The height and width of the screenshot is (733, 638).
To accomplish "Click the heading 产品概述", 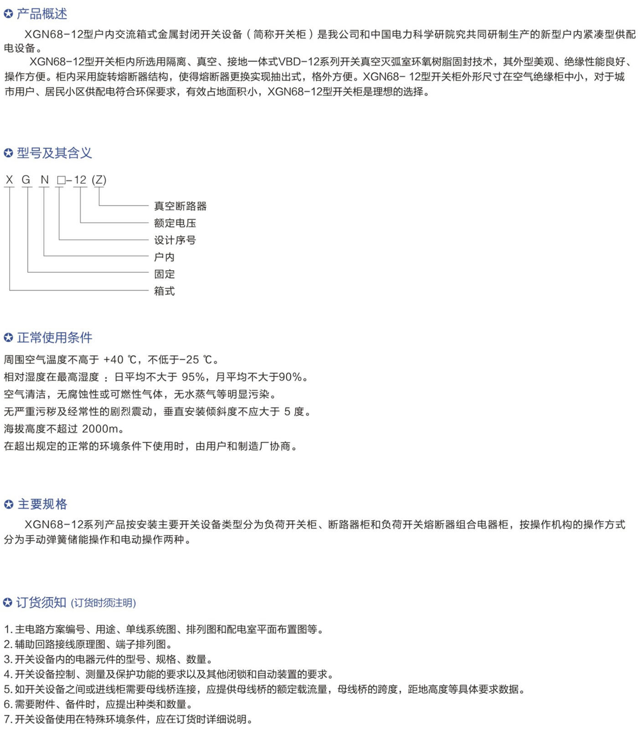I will pyautogui.click(x=42, y=14).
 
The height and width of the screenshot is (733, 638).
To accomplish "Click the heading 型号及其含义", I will pyautogui.click(x=54, y=153).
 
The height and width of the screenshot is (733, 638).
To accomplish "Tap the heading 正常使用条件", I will pyautogui.click(x=54, y=338).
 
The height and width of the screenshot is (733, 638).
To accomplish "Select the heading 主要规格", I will pyautogui.click(x=42, y=504).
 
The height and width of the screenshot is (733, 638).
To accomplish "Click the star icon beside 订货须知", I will pyautogui.click(x=8, y=603).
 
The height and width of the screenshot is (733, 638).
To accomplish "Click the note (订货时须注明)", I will pyautogui.click(x=103, y=603).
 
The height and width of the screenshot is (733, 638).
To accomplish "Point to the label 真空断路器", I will pyautogui.click(x=180, y=206).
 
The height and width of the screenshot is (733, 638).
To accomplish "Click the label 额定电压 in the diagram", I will pyautogui.click(x=175, y=223).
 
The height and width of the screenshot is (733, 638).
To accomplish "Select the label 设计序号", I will pyautogui.click(x=175, y=240).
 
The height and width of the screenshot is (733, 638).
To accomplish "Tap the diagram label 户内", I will pyautogui.click(x=164, y=257).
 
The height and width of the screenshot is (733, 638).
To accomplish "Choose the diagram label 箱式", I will pyautogui.click(x=164, y=291).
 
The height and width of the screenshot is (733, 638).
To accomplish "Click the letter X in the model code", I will pyautogui.click(x=9, y=180).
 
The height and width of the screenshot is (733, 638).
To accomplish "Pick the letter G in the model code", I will pyautogui.click(x=26, y=180).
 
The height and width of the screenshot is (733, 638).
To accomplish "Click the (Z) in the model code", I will pyautogui.click(x=99, y=180).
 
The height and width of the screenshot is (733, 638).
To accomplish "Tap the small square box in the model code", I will pyautogui.click(x=61, y=181).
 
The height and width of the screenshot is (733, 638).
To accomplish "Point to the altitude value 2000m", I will pyautogui.click(x=100, y=429).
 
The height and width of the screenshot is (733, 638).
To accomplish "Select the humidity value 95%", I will pyautogui.click(x=193, y=377).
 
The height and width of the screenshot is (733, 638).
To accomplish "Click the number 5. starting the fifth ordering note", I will pyautogui.click(x=8, y=689).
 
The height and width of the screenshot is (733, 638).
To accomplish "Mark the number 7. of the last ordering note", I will pyautogui.click(x=8, y=719).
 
